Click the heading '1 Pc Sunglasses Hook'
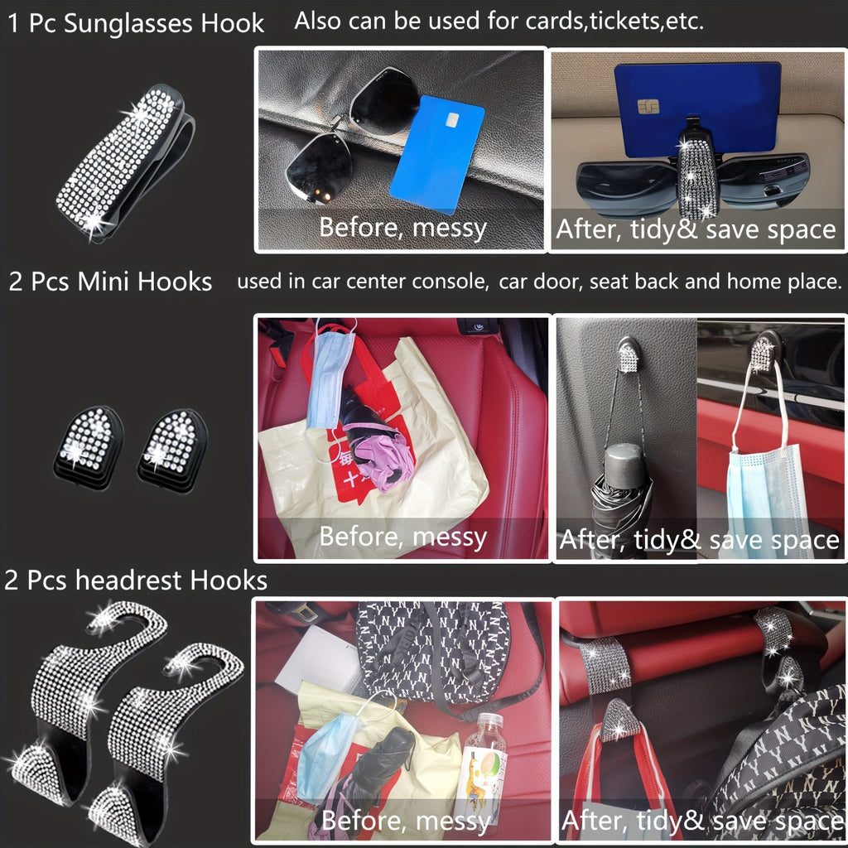(137, 23)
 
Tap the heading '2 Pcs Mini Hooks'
(111, 282)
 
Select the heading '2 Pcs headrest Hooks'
(136, 580)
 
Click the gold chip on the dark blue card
(648, 107)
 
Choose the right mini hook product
(171, 446)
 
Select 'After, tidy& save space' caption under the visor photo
(696, 229)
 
